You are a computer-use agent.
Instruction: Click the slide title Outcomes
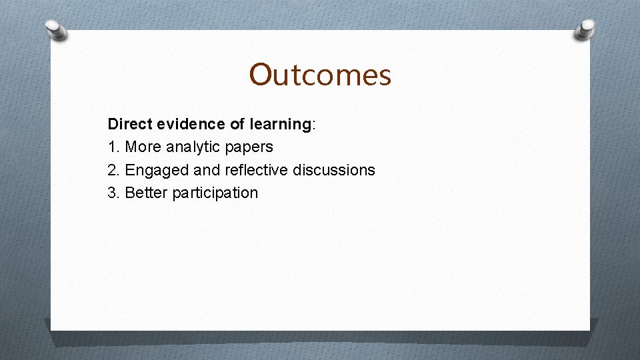320,75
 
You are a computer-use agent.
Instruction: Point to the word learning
280,124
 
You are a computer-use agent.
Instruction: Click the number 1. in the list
114,147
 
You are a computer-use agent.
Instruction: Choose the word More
143,147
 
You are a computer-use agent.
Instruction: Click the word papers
251,147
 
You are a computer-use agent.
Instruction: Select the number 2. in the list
114,170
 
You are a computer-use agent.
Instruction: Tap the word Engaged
157,171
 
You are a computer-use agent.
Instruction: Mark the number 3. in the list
114,193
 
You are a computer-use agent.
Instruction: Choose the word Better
147,193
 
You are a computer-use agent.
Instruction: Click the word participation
215,193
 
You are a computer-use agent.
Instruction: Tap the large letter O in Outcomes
261,75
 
